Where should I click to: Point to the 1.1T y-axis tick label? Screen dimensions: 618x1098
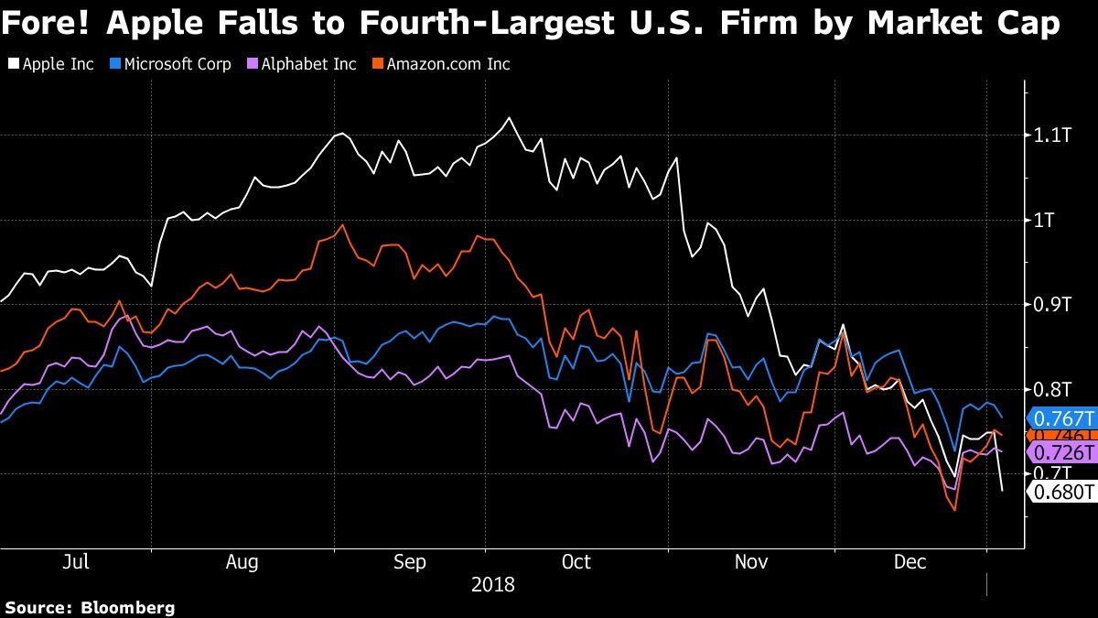[1051, 136]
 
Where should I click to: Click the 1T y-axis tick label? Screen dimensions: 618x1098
[1047, 220]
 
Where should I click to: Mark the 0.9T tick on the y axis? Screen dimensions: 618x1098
[1051, 304]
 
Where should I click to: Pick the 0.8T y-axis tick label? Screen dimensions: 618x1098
[1051, 389]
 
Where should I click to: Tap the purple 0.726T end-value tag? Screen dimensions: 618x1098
[1063, 453]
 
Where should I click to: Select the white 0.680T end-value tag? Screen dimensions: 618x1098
[1063, 493]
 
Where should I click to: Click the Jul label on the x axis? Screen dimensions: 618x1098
[76, 561]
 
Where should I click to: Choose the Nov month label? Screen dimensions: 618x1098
[751, 561]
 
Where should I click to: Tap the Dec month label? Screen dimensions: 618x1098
[910, 561]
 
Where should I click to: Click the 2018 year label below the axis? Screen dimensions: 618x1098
[493, 583]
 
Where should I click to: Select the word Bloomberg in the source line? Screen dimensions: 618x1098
[128, 607]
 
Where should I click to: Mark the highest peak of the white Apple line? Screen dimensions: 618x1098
[509, 117]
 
